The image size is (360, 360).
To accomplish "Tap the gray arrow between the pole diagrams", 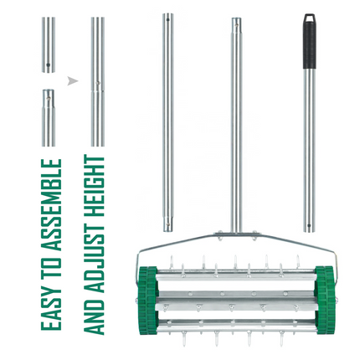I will tap(72, 81).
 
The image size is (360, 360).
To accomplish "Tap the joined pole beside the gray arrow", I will tap(97, 82).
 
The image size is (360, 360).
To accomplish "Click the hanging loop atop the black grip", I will tap(310, 17).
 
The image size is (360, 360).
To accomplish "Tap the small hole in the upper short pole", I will tap(49, 63).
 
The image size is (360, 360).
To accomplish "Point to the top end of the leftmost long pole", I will tap(168, 17).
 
